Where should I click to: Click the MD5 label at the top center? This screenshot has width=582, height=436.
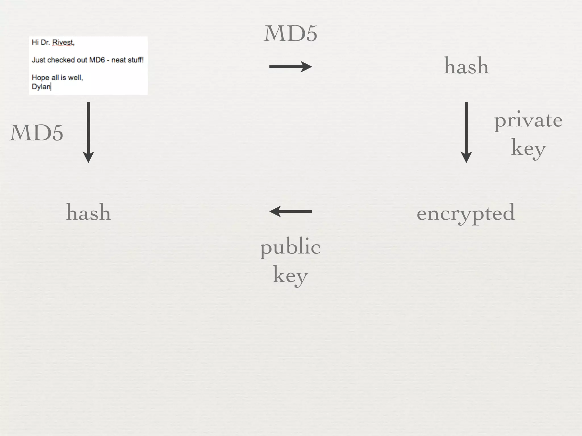click(290, 34)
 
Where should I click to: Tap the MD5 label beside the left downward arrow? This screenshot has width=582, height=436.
click(36, 133)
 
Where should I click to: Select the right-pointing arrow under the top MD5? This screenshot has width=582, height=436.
click(290, 67)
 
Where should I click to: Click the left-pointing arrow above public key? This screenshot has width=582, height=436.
click(290, 211)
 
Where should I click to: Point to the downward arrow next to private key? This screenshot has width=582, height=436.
click(466, 132)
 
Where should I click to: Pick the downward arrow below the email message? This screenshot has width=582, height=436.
click(88, 132)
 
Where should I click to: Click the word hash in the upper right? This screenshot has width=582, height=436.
click(466, 66)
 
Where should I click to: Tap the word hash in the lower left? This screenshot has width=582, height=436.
click(88, 212)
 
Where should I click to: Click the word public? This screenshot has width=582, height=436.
click(290, 247)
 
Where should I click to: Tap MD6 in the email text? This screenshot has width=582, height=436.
click(97, 60)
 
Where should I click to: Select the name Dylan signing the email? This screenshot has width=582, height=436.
click(41, 87)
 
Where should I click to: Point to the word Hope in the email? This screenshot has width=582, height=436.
click(40, 78)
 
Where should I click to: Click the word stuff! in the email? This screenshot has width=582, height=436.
click(136, 60)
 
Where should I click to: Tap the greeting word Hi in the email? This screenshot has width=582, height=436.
click(35, 43)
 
